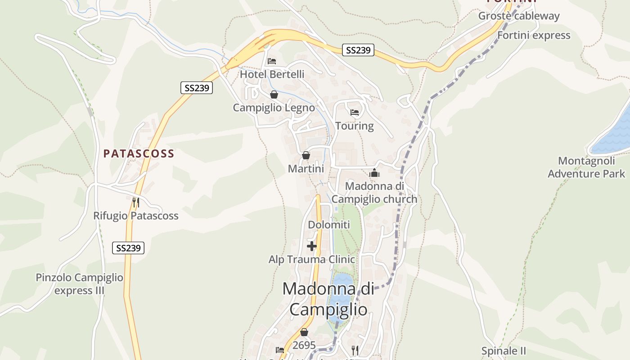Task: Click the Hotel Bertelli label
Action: pos(272,74)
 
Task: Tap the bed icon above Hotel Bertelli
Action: pos(271,61)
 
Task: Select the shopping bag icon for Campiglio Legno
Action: pos(274,94)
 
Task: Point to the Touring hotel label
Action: pos(354,126)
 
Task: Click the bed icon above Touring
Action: pos(354,112)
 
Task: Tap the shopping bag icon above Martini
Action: pos(306,156)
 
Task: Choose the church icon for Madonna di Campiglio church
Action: pos(374,173)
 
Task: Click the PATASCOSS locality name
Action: pos(139,154)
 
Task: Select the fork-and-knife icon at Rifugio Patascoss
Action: pos(136,202)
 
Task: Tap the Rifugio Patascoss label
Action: pos(136,216)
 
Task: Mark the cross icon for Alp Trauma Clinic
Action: pos(311,246)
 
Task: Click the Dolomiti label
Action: pos(328,225)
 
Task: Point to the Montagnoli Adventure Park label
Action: pos(586,167)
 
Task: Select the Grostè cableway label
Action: pos(519,16)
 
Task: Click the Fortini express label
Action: pos(534,36)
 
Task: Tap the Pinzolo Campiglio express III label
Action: pos(79,284)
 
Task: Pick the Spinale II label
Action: pos(504,351)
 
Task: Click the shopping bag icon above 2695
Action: pos(304,332)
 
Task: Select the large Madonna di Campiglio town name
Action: pos(328,299)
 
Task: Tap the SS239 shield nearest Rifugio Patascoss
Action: pos(128,247)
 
